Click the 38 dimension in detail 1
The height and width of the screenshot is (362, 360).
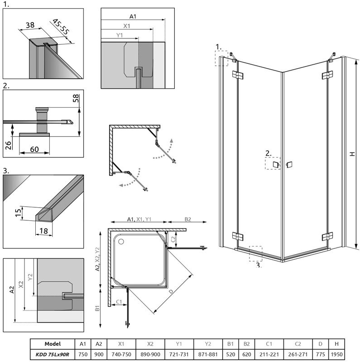[30, 26]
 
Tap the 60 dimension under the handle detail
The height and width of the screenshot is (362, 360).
[34, 149]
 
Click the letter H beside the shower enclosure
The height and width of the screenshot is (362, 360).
[352, 154]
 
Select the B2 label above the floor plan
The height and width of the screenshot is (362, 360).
[187, 219]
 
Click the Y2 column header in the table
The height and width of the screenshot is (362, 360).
[208, 344]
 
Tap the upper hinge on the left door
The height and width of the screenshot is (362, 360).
[235, 75]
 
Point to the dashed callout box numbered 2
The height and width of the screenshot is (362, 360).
[273, 163]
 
